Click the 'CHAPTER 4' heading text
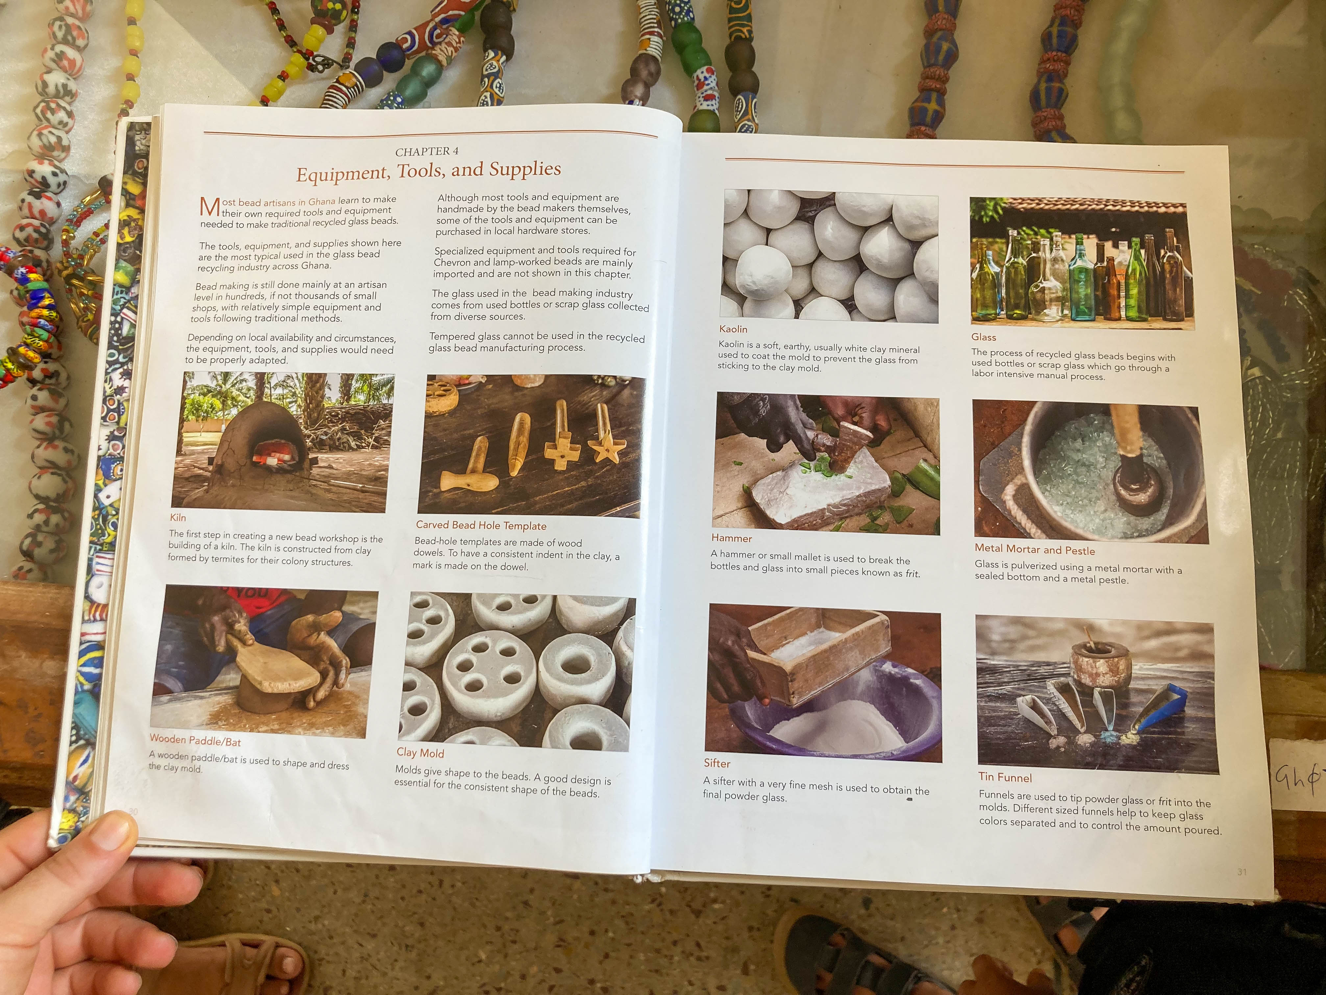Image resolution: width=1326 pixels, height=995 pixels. coord(427,151)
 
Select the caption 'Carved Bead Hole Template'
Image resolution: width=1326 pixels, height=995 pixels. coord(481,525)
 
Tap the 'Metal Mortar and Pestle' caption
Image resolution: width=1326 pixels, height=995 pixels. coord(1035,549)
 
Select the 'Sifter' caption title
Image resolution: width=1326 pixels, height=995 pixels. coord(717,763)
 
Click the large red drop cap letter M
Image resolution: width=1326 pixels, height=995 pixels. coord(209,207)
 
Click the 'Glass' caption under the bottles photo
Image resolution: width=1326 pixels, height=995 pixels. coord(984,337)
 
